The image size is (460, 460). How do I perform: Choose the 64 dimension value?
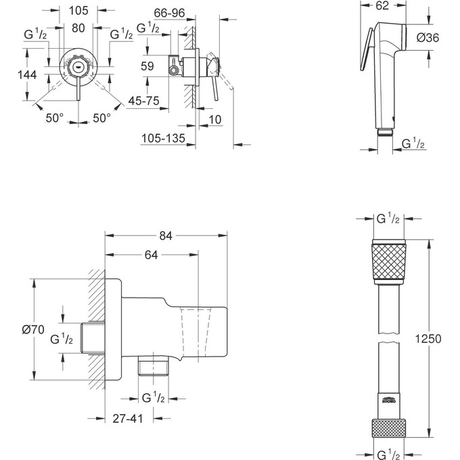150,255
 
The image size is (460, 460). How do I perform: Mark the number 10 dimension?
214,120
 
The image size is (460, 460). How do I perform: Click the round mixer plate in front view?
79,67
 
